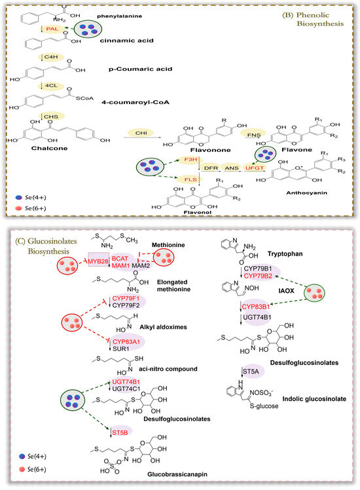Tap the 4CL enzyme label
coord(50,86)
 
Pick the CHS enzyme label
coord(51,116)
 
